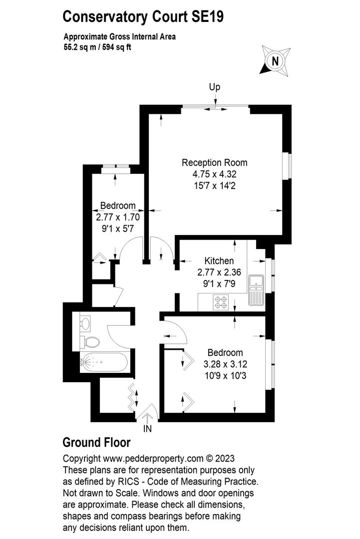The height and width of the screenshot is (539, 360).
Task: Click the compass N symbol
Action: click(274, 61)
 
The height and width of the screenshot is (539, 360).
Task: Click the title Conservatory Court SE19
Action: click(143, 17)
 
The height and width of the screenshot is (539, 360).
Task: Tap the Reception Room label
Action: click(214, 163)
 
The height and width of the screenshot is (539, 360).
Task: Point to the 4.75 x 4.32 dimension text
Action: click(214, 174)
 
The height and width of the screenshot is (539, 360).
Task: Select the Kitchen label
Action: click(219, 261)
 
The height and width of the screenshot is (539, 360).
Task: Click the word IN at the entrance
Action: click(148, 429)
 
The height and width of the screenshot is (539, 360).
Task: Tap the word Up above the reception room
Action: click(215, 87)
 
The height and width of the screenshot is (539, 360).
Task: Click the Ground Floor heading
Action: click(96, 443)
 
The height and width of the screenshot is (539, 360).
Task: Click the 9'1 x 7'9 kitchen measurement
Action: click(219, 283)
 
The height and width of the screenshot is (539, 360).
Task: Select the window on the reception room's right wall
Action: click(287, 166)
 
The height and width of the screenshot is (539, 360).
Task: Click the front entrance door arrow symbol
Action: click(148, 413)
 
